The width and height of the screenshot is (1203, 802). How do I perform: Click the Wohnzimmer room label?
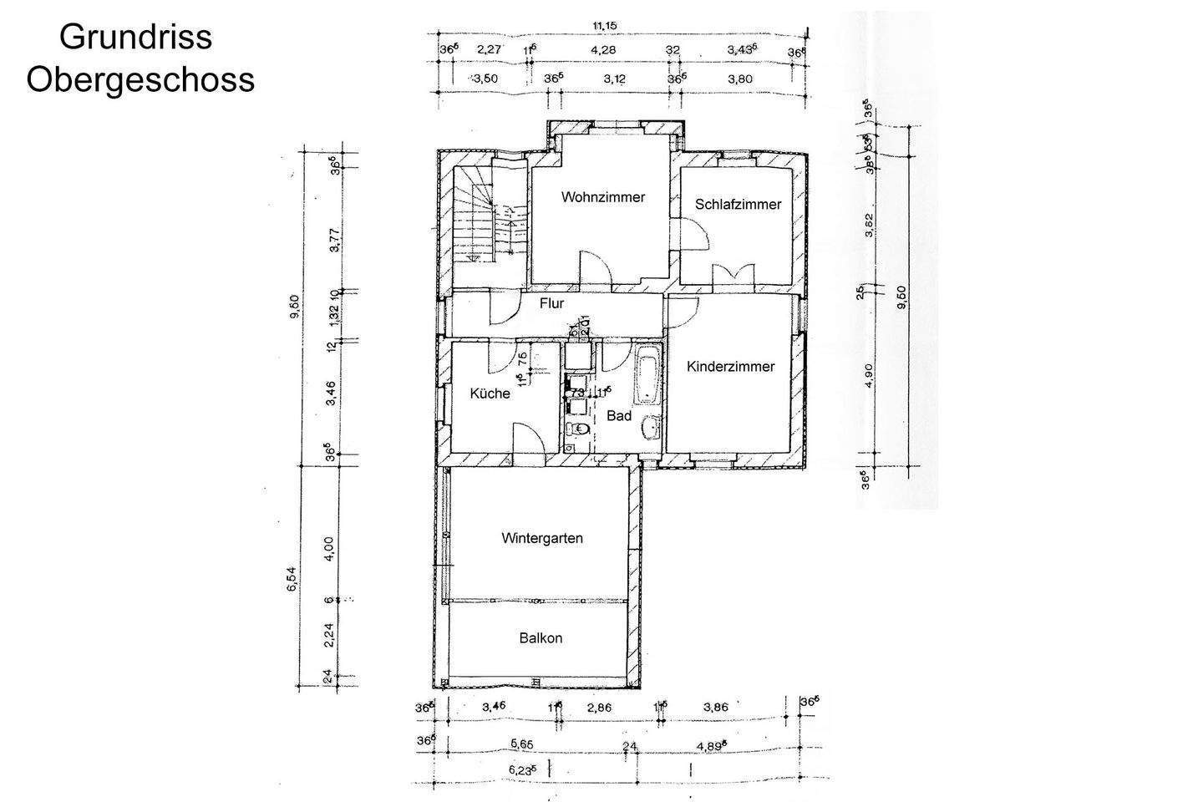pos(603,198)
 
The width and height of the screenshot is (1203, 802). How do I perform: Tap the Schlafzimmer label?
pos(738,205)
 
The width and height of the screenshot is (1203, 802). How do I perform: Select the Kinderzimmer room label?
pos(730,367)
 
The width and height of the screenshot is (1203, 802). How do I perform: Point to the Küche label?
pos(490,393)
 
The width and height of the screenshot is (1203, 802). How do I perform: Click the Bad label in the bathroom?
pos(618,415)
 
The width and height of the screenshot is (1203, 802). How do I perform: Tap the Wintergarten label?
pos(541,538)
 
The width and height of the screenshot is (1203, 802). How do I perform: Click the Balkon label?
pos(541,638)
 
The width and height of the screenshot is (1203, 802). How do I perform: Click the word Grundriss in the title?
pos(135,37)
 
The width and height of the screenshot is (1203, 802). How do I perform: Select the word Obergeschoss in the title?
pos(140,80)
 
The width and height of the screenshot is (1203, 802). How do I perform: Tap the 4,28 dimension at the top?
pos(602,50)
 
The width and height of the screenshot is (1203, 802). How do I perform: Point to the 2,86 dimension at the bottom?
pos(599,708)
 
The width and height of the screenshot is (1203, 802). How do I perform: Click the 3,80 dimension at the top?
pos(739,79)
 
